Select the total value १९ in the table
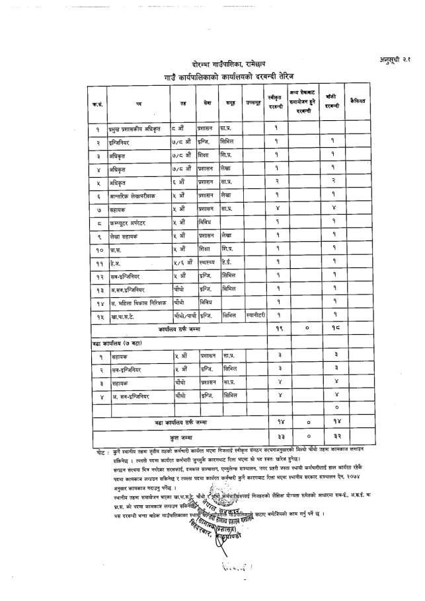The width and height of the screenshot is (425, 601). click(x=278, y=328)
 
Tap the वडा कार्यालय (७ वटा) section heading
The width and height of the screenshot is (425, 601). click(x=118, y=343)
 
